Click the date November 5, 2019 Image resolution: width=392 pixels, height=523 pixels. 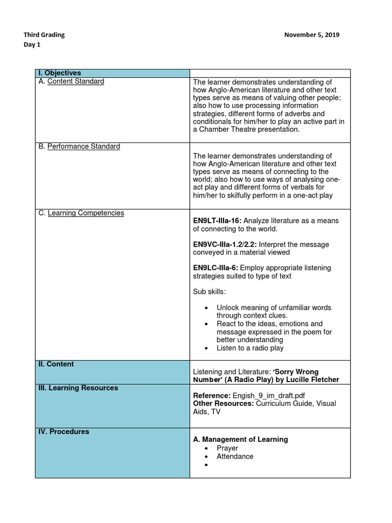(311, 35)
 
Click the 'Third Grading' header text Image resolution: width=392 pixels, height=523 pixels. (44, 35)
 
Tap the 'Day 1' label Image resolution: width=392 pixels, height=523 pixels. (32, 44)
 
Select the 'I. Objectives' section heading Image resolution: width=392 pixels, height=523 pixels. (60, 73)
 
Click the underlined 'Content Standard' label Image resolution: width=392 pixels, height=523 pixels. (76, 81)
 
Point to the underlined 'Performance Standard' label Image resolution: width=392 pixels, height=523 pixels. (84, 146)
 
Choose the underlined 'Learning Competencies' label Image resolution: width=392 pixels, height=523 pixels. (86, 212)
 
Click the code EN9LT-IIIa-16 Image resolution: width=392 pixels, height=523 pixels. (217, 221)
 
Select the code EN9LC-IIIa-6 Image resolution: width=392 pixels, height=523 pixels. (215, 268)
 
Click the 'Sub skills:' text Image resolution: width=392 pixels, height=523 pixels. (209, 291)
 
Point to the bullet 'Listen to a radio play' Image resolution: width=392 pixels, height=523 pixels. (250, 348)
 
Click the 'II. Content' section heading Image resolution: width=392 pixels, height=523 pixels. (56, 364)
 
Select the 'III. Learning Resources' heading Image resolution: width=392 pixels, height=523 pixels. (78, 388)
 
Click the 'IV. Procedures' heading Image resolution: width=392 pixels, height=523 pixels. (64, 432)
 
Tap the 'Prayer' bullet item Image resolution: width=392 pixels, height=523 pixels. (227, 448)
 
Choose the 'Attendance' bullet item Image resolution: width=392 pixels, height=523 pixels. (235, 456)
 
